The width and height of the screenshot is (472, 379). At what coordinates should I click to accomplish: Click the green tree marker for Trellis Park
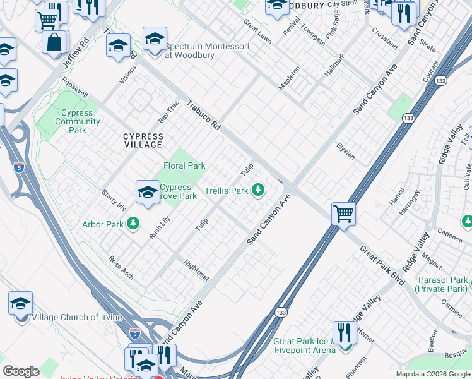coord(257,189)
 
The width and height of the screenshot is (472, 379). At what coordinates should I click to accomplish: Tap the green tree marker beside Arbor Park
coord(133,223)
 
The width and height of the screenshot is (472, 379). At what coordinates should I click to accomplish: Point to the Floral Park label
coord(185,165)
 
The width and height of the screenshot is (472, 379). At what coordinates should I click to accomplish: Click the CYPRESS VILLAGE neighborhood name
coord(143,140)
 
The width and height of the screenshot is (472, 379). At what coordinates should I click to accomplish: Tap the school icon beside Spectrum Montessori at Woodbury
coord(155,40)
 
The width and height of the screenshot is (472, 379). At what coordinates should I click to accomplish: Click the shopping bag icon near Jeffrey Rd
coord(55,43)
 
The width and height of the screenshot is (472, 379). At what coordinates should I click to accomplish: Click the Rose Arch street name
coord(121,267)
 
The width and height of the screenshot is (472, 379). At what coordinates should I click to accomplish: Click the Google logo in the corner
coord(21,371)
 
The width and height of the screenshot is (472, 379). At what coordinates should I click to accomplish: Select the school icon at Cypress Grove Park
coord(147,192)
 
